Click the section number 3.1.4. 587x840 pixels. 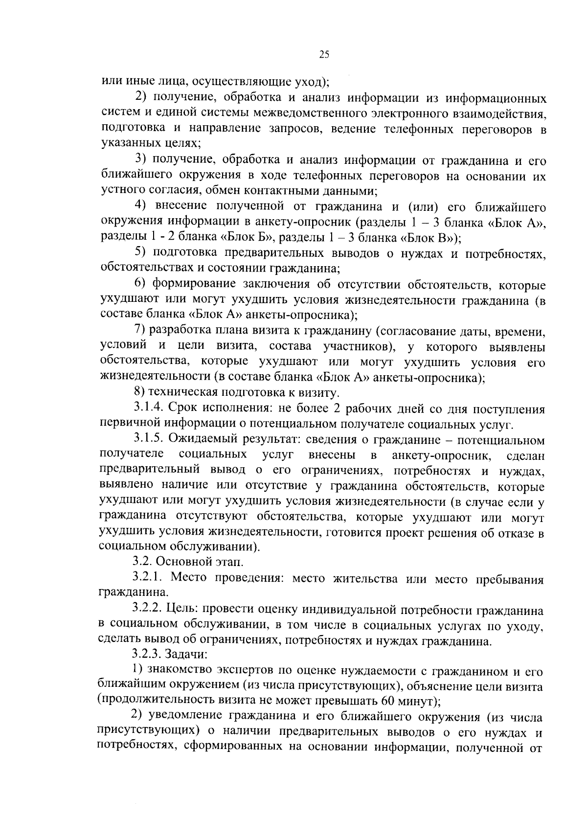[147, 409]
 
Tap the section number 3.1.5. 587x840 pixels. [147, 440]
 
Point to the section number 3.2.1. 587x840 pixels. [147, 578]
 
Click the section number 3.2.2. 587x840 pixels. [147, 610]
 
